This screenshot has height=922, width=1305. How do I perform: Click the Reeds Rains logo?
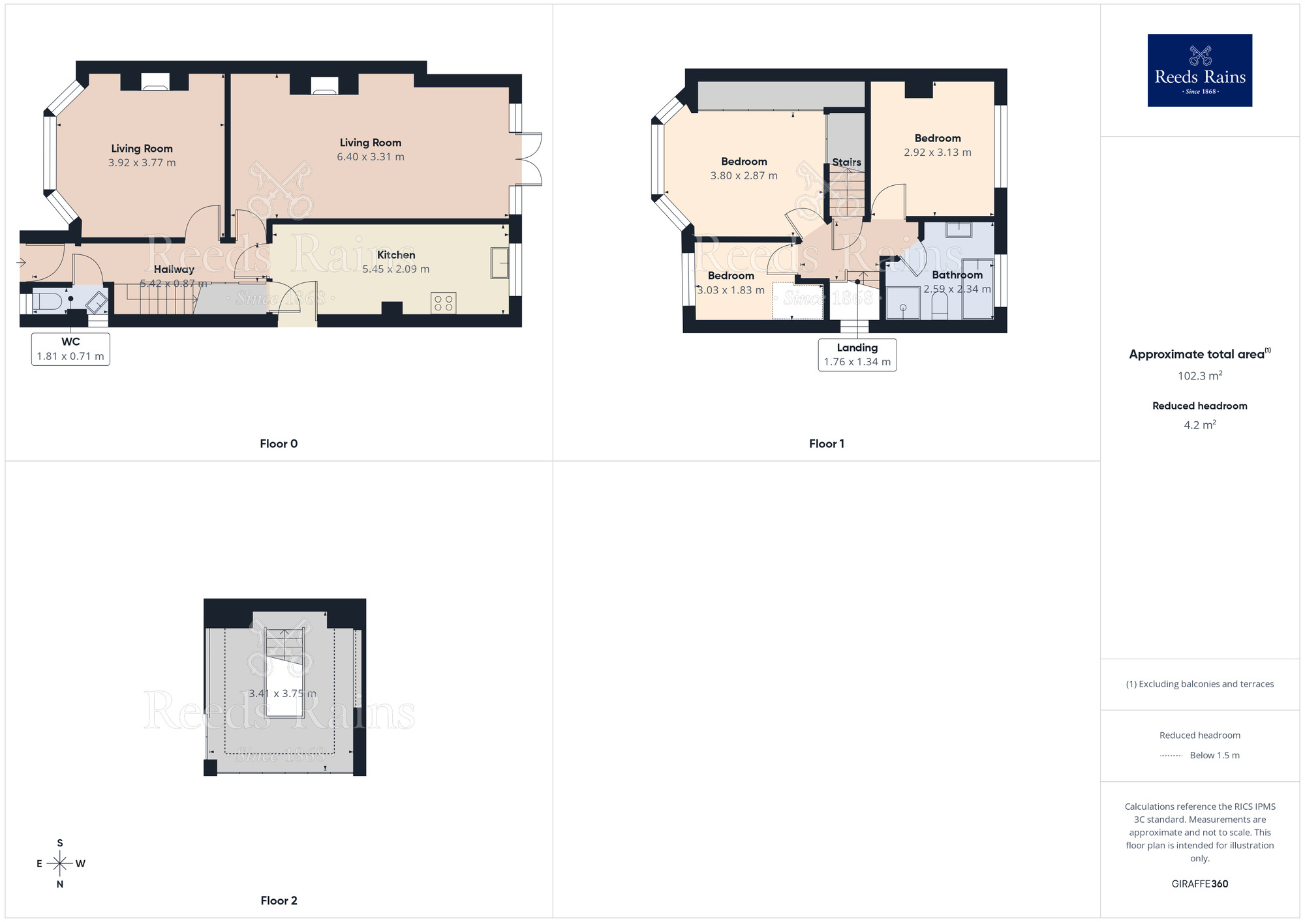point(1199,70)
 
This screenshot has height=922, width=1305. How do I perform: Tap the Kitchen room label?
point(396,255)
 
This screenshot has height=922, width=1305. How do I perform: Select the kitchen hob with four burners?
point(444,303)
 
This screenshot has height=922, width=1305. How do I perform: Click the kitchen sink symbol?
point(500,263)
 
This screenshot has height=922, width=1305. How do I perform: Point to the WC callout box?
point(70,349)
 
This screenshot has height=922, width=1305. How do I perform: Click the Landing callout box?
point(857,355)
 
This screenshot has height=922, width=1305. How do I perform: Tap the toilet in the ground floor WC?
point(47,302)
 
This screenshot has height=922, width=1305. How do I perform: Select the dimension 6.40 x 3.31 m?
point(371,157)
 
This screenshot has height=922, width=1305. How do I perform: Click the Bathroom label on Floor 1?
point(957,275)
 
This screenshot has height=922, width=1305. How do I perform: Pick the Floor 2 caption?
point(279,900)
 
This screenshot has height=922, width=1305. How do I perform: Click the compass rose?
point(60,864)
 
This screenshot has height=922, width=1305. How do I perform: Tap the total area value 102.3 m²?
point(1199,376)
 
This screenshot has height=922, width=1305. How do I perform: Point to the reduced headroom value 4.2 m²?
point(1199,425)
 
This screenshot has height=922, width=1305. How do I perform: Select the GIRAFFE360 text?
point(1199,884)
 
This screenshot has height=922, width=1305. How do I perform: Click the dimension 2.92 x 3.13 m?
point(937,153)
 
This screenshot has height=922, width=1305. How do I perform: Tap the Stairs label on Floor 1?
point(846,162)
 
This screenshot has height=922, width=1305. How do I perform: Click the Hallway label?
point(174,269)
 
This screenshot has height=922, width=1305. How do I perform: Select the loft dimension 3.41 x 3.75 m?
point(283,694)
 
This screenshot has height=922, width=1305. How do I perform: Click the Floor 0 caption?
point(279,444)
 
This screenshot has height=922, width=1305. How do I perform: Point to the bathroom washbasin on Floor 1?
point(959,230)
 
